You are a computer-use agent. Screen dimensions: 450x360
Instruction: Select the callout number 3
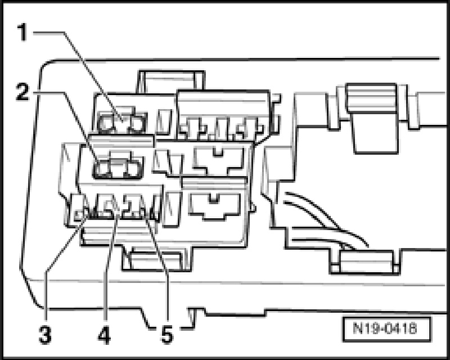[x=45, y=336]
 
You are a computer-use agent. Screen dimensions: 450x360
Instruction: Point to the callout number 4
[x=104, y=336]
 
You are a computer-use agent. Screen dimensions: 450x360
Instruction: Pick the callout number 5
[x=166, y=336]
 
